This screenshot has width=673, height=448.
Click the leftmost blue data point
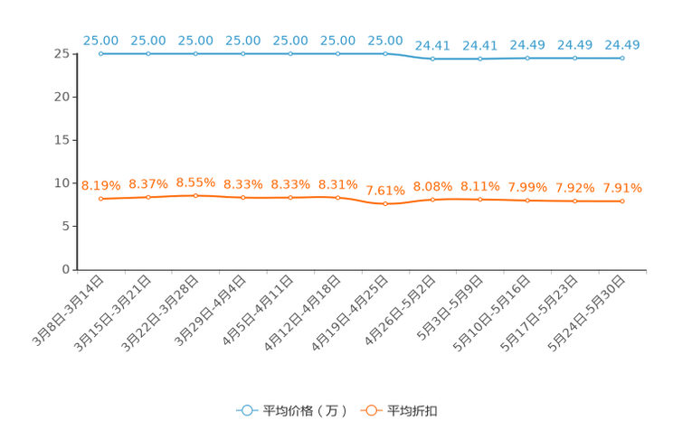101,54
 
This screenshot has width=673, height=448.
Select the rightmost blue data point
622,59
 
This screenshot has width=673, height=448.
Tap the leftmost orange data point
101,199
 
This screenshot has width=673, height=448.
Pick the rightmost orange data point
622,201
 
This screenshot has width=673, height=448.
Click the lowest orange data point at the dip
385,204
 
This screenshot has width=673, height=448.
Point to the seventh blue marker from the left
385,54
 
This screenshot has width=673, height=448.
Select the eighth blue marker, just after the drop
433,60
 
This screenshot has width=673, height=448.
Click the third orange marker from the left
196,196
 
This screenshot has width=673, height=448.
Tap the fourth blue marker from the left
243,54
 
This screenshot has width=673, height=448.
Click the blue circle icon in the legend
246,411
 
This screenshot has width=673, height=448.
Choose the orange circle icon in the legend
370,411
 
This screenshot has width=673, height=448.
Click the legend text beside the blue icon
306,411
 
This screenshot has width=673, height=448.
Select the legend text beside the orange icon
413,411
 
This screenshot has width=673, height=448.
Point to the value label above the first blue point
101,41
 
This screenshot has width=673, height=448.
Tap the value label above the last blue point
622,44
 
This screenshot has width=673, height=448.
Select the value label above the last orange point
622,188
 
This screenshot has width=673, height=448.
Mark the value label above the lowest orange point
385,191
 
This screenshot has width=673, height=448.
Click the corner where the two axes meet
77,269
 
